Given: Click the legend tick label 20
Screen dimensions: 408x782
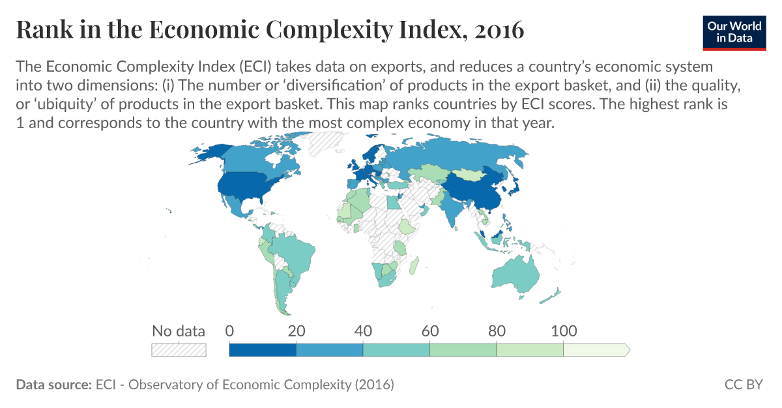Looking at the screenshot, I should (x=297, y=331).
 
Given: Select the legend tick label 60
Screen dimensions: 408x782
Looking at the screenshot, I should (x=430, y=331).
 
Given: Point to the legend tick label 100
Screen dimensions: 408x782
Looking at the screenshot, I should (x=564, y=331).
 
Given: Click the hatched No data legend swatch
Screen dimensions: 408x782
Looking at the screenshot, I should (x=179, y=350).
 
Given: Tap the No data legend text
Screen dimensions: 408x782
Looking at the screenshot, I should (x=179, y=331).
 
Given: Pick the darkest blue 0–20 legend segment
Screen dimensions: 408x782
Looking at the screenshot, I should (x=263, y=350).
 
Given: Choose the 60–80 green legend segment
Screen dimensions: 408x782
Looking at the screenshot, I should (x=463, y=350).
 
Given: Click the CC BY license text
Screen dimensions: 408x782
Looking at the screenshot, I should (x=744, y=385).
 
